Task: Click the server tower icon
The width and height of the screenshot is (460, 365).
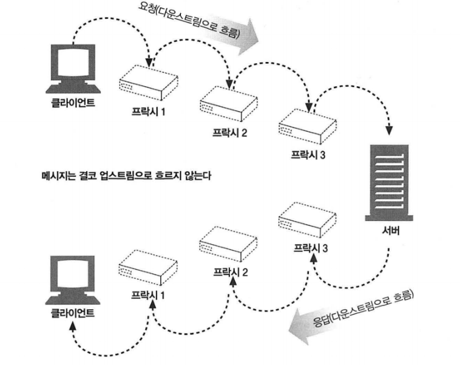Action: point(389,182)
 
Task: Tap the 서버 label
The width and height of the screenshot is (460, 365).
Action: point(390,231)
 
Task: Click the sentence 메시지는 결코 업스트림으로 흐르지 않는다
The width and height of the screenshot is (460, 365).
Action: point(126,176)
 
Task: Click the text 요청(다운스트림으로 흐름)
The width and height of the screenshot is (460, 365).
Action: point(189,20)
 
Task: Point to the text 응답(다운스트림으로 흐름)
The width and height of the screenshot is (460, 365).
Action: point(363,309)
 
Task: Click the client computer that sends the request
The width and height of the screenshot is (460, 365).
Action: point(73,69)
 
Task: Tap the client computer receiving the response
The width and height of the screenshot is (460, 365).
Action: point(73,280)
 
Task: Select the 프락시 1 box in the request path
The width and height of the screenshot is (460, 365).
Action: point(149,82)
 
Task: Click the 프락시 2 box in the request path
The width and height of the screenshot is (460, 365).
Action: point(229,104)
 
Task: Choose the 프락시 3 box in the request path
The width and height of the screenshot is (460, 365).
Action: point(308,126)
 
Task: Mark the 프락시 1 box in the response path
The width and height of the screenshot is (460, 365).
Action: point(148,267)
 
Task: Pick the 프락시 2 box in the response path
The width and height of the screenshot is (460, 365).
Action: point(228,244)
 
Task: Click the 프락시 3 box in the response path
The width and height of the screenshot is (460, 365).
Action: point(307,220)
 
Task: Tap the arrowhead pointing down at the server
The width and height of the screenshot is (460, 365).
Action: point(389,131)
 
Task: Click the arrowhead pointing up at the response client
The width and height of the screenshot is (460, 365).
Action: point(73,326)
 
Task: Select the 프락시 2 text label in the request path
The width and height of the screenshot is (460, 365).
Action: point(230,133)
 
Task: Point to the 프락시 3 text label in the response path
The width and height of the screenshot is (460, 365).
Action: point(311,248)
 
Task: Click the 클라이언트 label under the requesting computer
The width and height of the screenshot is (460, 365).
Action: point(73,103)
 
